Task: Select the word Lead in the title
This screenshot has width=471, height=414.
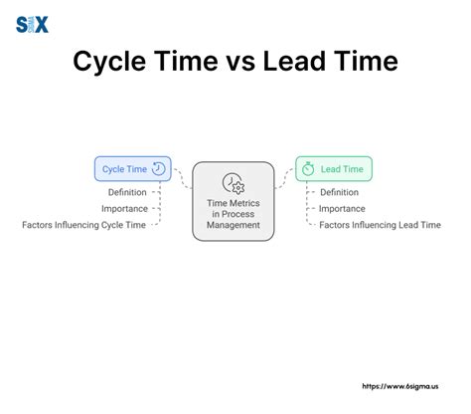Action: pyautogui.click(x=294, y=62)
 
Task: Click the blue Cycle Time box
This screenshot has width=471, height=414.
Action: pyautogui.click(x=132, y=169)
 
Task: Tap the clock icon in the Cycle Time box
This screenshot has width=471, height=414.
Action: pyautogui.click(x=159, y=169)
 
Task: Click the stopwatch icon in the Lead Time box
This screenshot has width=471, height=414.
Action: pyautogui.click(x=308, y=170)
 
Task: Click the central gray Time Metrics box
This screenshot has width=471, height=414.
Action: pyautogui.click(x=234, y=201)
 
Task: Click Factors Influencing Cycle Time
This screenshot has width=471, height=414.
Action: pyautogui.click(x=84, y=225)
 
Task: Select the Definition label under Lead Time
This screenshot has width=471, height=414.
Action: pyautogui.click(x=339, y=192)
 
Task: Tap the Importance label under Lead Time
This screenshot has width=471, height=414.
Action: pyautogui.click(x=342, y=208)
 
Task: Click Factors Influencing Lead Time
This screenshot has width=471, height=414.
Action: pyautogui.click(x=380, y=225)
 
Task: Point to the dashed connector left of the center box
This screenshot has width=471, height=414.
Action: pyautogui.click(x=182, y=177)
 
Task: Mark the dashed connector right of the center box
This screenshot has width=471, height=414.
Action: pyautogui.click(x=284, y=177)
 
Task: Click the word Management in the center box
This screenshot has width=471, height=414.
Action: pyautogui.click(x=234, y=225)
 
